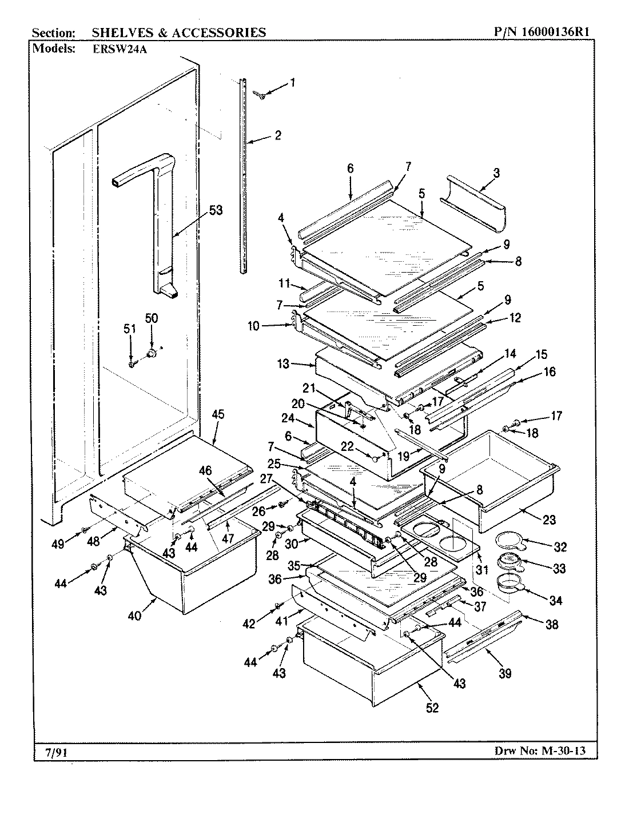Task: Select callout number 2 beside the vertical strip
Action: coord(277,135)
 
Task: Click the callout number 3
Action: coord(496,172)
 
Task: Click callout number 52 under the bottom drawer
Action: coord(432,708)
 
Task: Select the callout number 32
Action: coord(560,547)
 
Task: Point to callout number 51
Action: coord(130,328)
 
